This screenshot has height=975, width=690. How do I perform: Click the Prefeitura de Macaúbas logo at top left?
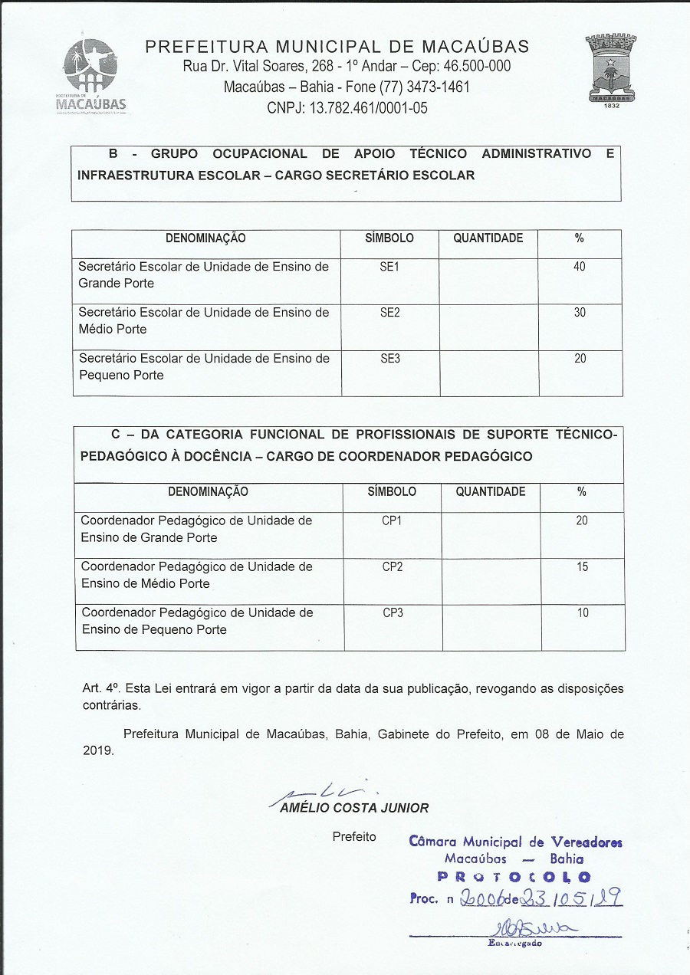[91, 76]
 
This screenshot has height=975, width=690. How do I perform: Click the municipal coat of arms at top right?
[611, 71]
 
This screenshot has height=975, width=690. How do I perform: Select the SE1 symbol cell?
[390, 267]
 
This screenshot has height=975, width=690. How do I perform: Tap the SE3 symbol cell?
[390, 359]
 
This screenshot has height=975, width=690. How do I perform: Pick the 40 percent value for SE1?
[580, 267]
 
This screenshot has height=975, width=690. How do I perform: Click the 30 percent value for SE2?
[580, 313]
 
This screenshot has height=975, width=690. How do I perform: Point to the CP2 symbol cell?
[392, 567]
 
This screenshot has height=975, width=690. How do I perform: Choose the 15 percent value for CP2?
[582, 567]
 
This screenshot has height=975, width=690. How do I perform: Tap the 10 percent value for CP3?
[582, 613]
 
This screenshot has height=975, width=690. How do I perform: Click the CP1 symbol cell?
[392, 521]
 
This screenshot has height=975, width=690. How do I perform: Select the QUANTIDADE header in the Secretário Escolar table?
[488, 238]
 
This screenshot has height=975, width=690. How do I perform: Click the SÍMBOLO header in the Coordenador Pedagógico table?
[392, 492]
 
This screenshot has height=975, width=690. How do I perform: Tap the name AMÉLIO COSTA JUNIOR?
[354, 808]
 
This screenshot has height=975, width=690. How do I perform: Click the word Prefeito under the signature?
[354, 836]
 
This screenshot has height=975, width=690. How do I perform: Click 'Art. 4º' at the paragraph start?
[97, 688]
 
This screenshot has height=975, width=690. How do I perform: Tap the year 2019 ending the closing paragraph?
[97, 751]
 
